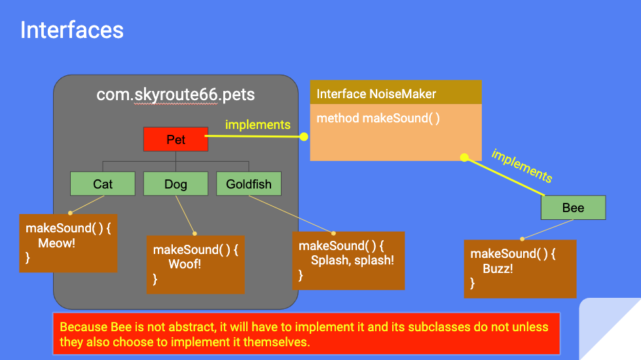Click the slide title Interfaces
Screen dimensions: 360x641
[x=72, y=30]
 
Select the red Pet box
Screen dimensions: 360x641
[x=175, y=139]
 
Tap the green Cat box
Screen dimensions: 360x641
[x=103, y=184]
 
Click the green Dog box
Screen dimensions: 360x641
[x=175, y=184]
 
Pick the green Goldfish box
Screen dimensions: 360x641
[x=249, y=184]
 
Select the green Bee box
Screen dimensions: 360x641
[x=573, y=208]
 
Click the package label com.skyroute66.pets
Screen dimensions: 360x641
[x=175, y=95]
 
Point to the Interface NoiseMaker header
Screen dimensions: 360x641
[x=376, y=94]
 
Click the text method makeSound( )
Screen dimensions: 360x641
[x=378, y=118]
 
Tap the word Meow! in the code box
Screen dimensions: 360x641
[x=56, y=243]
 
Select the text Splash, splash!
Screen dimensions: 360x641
[x=352, y=260]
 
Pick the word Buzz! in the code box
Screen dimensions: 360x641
[x=498, y=268]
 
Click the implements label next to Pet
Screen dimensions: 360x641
[x=258, y=124]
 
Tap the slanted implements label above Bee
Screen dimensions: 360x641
[x=522, y=166]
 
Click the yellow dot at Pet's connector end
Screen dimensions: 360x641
[x=304, y=137]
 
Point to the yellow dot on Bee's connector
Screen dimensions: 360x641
[x=464, y=158]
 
